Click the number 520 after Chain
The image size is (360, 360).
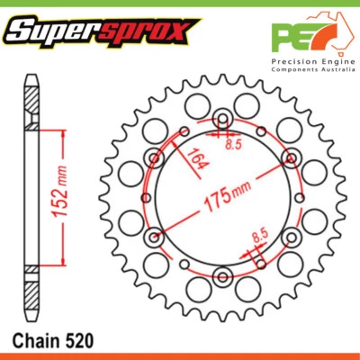coord(75,343)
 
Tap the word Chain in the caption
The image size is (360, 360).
coord(35,343)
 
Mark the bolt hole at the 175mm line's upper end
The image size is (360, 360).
coord(290,159)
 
